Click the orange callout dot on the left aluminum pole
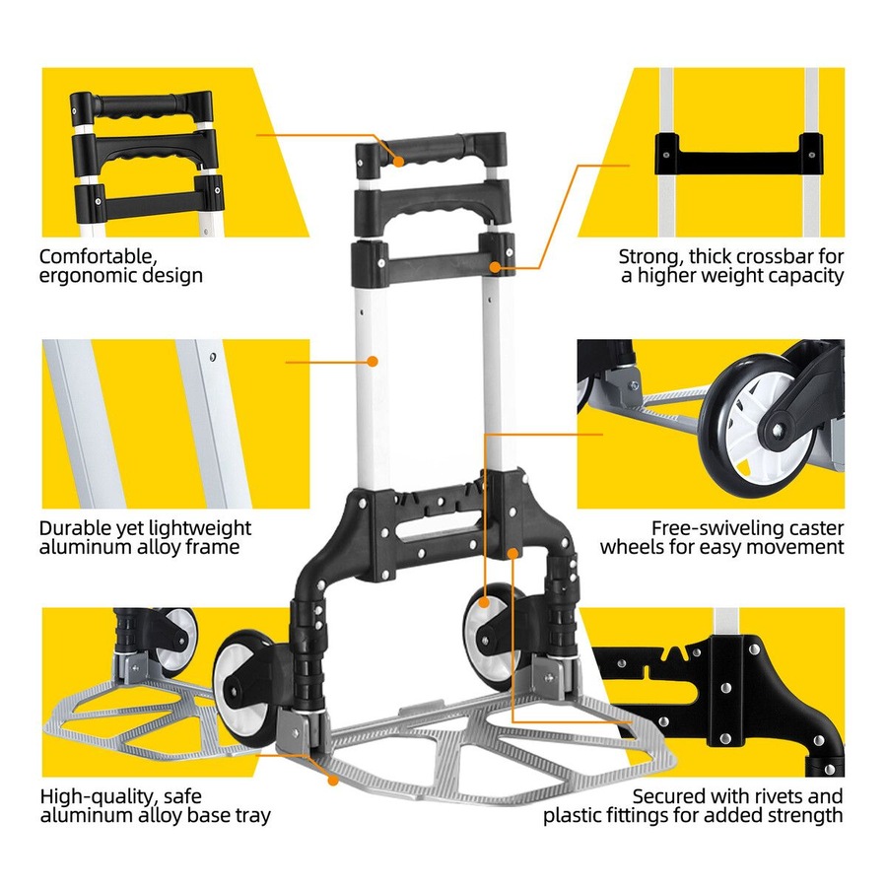(373, 362)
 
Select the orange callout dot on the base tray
(333, 780)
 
